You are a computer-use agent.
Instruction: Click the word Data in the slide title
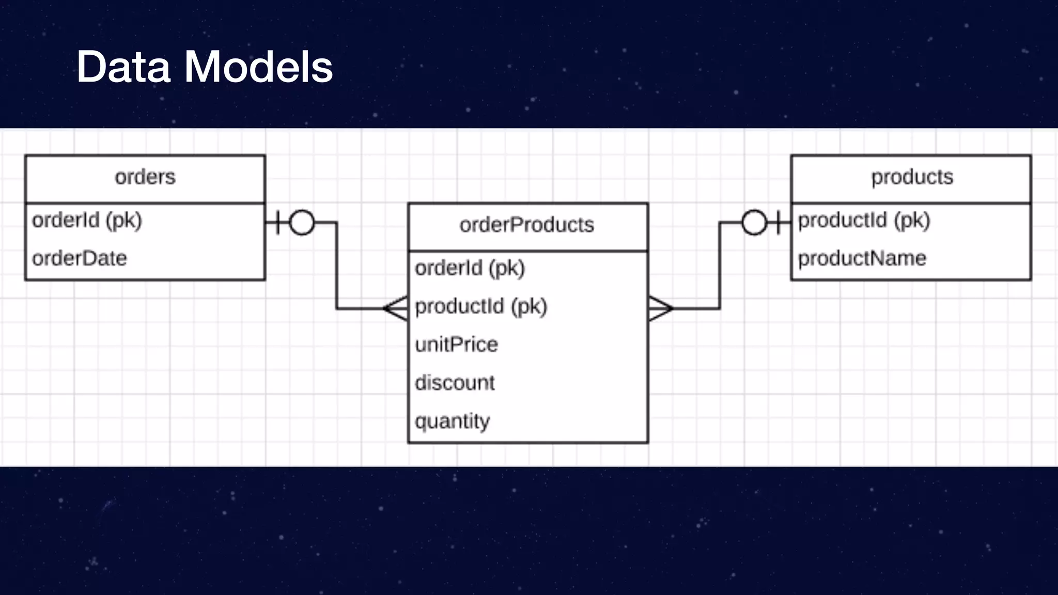123,67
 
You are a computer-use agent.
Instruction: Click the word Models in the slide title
258,67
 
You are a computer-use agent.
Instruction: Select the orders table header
145,177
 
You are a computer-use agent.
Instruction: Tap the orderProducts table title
527,225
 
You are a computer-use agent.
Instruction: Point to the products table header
912,177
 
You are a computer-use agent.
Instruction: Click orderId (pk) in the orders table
87,221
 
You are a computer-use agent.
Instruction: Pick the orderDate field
80,258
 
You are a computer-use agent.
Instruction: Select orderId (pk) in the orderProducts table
470,268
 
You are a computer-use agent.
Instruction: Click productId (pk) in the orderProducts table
480,306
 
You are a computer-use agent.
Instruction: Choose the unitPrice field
456,345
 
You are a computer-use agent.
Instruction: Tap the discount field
455,383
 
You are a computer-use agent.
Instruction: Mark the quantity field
452,421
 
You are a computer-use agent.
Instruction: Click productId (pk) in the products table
864,221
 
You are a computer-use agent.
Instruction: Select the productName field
862,258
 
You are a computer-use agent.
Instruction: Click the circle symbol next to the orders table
302,223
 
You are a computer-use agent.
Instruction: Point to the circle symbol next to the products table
754,223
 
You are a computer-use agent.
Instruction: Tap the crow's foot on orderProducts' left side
396,308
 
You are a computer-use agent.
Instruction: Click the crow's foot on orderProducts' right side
660,308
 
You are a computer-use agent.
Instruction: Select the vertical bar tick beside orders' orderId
278,223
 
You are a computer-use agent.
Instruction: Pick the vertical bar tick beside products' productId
778,223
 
